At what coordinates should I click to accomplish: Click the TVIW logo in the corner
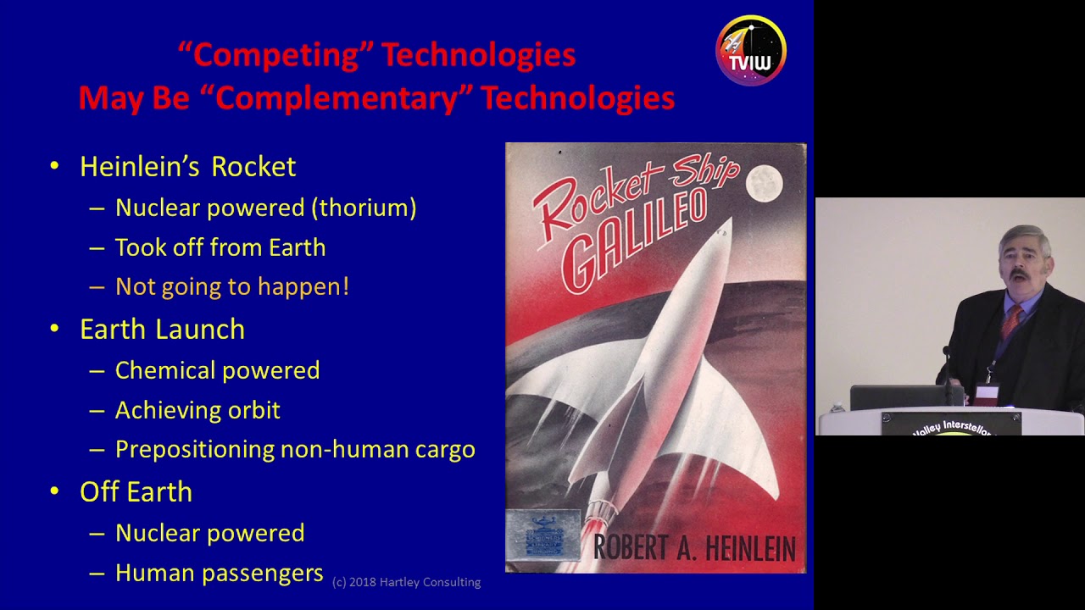pos(751,51)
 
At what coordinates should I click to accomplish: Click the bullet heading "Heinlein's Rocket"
pos(187,167)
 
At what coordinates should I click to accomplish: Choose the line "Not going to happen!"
pos(231,287)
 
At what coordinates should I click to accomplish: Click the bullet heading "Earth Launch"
pos(162,330)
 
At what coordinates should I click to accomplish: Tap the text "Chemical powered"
pos(217,370)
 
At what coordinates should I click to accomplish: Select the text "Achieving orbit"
pos(198,410)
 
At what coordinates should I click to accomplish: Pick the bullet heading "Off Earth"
pos(136,492)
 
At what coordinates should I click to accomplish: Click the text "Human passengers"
pos(219,574)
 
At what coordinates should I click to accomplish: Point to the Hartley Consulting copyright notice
pos(406,582)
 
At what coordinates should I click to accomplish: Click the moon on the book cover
pos(764,183)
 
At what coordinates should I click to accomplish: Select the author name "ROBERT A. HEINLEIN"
pos(694,548)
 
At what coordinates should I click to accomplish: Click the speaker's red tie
pos(1010,321)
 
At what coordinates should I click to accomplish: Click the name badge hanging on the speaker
pos(987,394)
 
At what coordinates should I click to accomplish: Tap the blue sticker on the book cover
pos(542,535)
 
